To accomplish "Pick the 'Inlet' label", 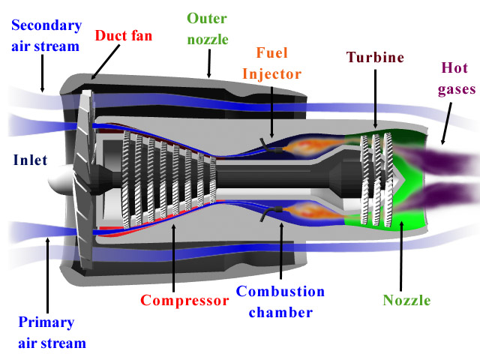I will [31, 160].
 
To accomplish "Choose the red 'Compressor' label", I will [184, 301].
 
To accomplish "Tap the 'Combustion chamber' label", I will [280, 301].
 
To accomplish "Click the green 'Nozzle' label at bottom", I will [406, 301].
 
